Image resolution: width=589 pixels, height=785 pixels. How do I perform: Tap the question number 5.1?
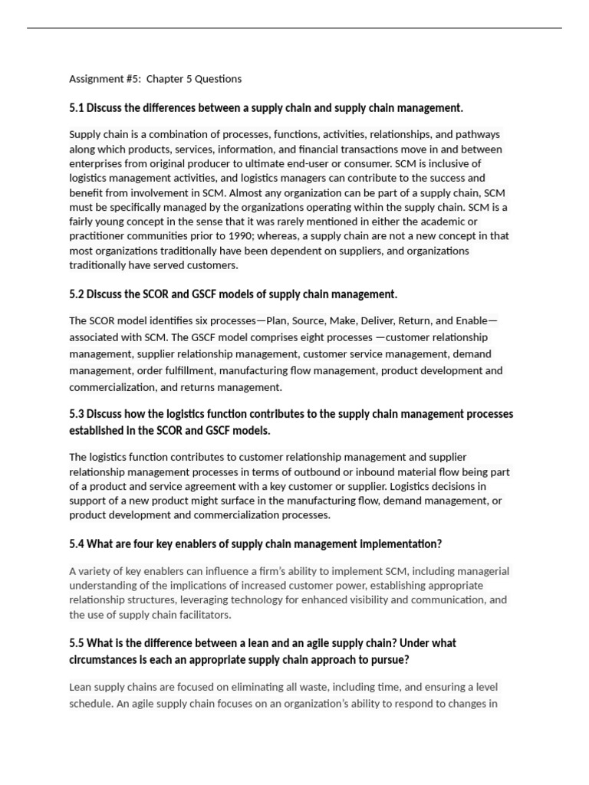coord(77,108)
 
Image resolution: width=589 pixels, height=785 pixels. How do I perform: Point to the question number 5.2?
coord(77,294)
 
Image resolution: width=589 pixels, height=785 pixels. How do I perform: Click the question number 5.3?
coord(77,414)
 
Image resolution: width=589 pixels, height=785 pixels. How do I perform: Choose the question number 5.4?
coord(77,544)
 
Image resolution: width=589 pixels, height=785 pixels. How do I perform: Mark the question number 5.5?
coord(77,643)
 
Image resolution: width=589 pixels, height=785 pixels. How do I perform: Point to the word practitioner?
coord(97,236)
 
